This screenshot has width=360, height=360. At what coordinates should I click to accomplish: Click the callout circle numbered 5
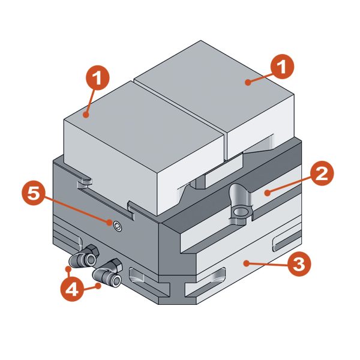click(x=34, y=193)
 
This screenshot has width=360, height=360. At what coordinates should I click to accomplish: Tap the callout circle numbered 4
click(x=73, y=290)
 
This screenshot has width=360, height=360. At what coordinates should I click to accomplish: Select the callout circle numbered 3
click(x=299, y=264)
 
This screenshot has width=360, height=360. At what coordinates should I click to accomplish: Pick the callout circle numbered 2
click(x=322, y=174)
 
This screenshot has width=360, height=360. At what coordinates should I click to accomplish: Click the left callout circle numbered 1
click(x=98, y=78)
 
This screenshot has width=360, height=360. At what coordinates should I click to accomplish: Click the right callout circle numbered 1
click(x=282, y=67)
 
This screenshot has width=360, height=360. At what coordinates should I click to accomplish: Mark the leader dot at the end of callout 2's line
click(x=267, y=193)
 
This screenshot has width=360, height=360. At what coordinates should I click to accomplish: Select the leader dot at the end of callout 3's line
click(x=247, y=263)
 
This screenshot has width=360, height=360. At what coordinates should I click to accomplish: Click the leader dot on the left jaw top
click(x=86, y=115)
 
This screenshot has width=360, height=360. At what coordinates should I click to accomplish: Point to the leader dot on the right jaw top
click(x=248, y=82)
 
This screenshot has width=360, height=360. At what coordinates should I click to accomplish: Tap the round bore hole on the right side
click(x=239, y=212)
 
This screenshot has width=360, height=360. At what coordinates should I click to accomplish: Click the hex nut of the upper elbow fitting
click(x=92, y=250)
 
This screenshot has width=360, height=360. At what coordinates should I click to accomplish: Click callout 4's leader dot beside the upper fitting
click(x=68, y=269)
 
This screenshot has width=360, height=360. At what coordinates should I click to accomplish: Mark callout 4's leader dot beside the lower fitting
click(x=99, y=286)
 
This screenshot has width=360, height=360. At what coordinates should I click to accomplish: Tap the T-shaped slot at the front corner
click(x=177, y=291)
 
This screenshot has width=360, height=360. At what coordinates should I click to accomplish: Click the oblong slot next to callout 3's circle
click(x=286, y=242)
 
